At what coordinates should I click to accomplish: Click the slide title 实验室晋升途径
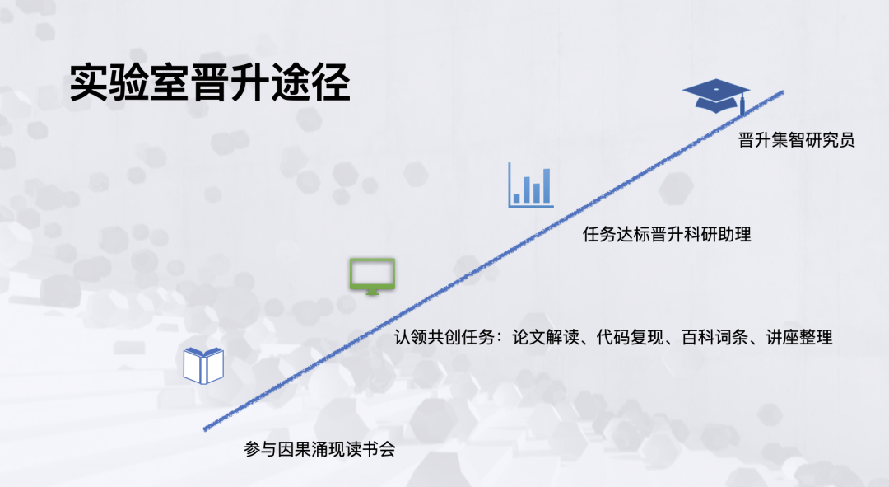(210, 83)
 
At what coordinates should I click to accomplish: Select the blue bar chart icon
(531, 185)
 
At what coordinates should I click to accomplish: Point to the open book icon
(203, 366)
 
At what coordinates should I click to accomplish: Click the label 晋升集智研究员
(796, 139)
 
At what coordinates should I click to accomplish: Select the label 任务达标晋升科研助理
(667, 234)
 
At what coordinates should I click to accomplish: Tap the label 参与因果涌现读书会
(319, 449)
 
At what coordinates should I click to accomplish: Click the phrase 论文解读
(546, 337)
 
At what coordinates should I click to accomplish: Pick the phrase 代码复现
(630, 337)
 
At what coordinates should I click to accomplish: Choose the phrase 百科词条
(715, 337)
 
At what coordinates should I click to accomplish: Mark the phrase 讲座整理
(799, 337)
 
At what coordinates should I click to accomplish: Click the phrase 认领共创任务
(444, 337)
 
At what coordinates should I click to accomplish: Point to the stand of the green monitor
(372, 292)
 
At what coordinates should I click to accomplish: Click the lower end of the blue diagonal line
(205, 429)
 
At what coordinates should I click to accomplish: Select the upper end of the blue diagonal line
(783, 92)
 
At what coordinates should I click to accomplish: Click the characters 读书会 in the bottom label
(370, 449)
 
